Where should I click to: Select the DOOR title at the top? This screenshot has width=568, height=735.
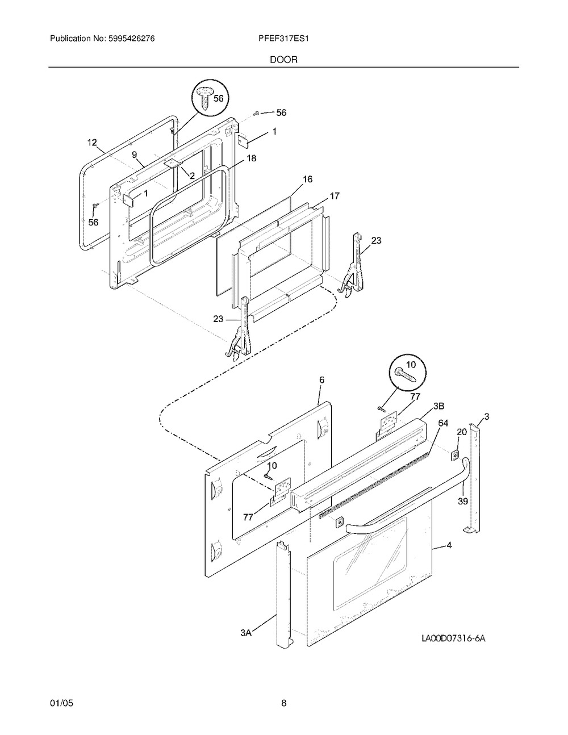point(283,59)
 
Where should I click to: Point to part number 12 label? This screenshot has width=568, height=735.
point(92,142)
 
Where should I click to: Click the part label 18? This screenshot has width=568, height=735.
point(251,158)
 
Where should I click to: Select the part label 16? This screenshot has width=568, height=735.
point(307,179)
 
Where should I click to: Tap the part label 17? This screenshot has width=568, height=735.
point(335,196)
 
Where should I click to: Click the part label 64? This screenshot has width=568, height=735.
point(443,423)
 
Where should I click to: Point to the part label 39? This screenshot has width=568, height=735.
point(463,502)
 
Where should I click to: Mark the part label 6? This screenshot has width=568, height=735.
point(321,379)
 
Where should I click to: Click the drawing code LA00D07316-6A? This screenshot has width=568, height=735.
point(453,638)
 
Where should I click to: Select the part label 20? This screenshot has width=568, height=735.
point(462,432)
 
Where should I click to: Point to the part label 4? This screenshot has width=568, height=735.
point(449,546)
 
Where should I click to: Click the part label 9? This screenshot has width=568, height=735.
point(135,154)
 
